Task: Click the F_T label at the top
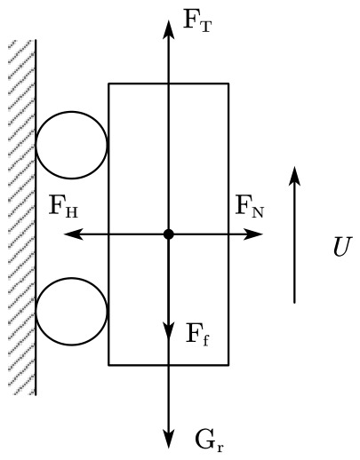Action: [197, 20]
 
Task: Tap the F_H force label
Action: [63, 206]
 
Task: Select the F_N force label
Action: [250, 206]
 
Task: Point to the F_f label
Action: [197, 335]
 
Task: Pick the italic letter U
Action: [342, 247]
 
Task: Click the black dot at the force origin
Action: [169, 234]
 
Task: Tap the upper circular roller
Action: [71, 112]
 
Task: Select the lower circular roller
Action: [71, 278]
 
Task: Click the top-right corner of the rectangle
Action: [228, 83]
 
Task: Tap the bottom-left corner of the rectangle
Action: [108, 365]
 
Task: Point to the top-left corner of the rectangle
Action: [108, 83]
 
